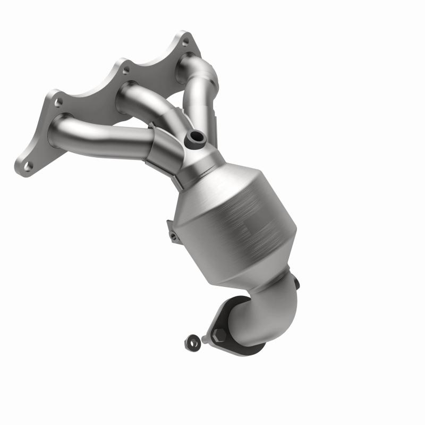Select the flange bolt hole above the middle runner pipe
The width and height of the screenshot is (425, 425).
[125, 69]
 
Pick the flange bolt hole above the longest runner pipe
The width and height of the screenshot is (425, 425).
[58, 101]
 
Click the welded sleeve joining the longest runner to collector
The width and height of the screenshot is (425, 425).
[165, 149]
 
